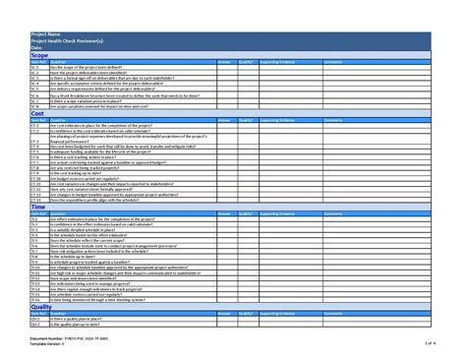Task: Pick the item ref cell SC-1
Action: click(34, 67)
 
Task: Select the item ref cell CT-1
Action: click(34, 126)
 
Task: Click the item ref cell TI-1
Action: click(34, 219)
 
